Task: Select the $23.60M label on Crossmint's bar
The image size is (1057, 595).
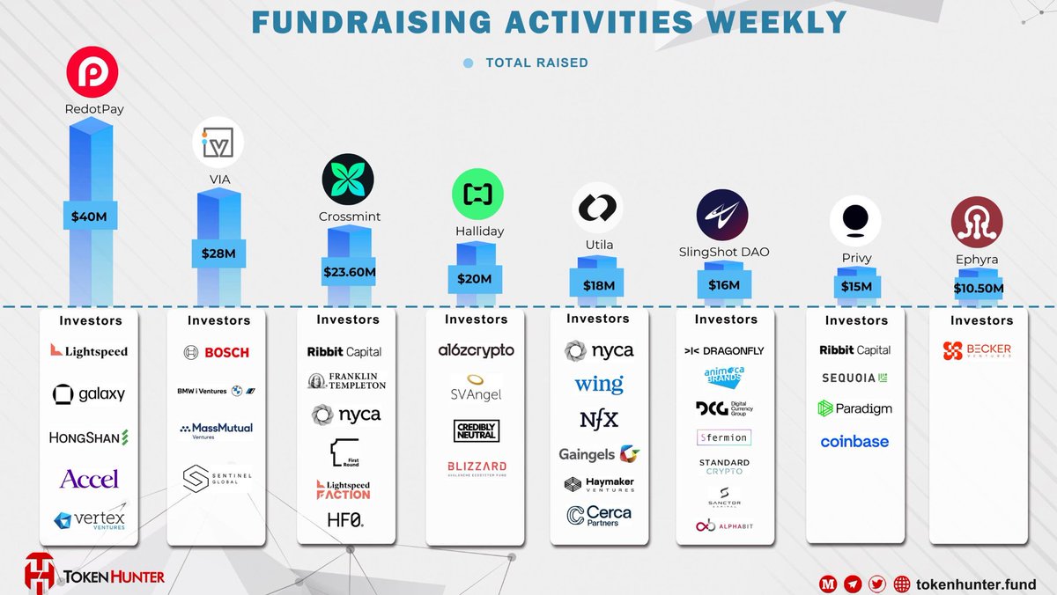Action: click(x=349, y=272)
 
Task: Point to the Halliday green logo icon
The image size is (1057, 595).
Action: click(x=477, y=195)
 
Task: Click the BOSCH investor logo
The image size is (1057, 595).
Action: click(x=218, y=352)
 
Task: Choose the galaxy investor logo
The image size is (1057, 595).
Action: click(x=88, y=394)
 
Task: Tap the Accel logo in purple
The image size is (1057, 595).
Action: click(x=89, y=479)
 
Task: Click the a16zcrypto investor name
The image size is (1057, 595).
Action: click(x=476, y=350)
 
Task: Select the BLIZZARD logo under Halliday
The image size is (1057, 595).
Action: click(x=476, y=467)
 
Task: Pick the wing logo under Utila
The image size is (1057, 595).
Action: click(x=599, y=384)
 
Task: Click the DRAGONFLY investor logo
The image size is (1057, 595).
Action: click(x=724, y=350)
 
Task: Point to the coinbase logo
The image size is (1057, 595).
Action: click(x=854, y=442)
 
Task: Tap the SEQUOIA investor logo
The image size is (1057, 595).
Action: click(x=855, y=378)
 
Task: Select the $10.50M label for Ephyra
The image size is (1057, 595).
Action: click(x=978, y=288)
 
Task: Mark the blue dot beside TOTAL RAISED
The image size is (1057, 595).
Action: click(x=468, y=63)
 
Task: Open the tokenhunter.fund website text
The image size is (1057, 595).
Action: click(x=976, y=584)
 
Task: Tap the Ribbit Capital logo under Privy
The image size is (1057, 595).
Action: click(x=855, y=349)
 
